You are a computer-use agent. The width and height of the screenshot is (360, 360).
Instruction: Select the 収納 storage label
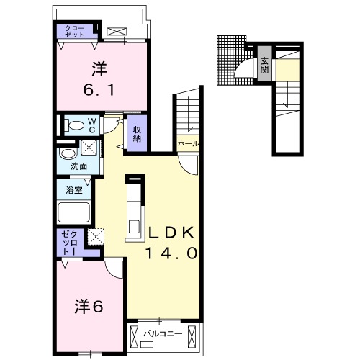pyautogui.click(x=135, y=133)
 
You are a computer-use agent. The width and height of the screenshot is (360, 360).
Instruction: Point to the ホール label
pyautogui.click(x=188, y=143)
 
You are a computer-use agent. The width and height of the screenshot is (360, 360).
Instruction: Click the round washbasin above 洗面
pyautogui.click(x=68, y=153)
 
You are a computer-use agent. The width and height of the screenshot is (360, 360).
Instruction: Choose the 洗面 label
pyautogui.click(x=78, y=167)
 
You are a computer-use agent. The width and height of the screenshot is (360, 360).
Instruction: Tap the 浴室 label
pyautogui.click(x=73, y=191)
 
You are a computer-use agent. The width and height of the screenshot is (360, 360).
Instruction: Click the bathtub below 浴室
pyautogui.click(x=73, y=214)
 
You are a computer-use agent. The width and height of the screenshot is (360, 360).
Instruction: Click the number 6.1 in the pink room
pyautogui.click(x=99, y=91)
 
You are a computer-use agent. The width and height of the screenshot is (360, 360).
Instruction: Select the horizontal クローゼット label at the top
pyautogui.click(x=76, y=31)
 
